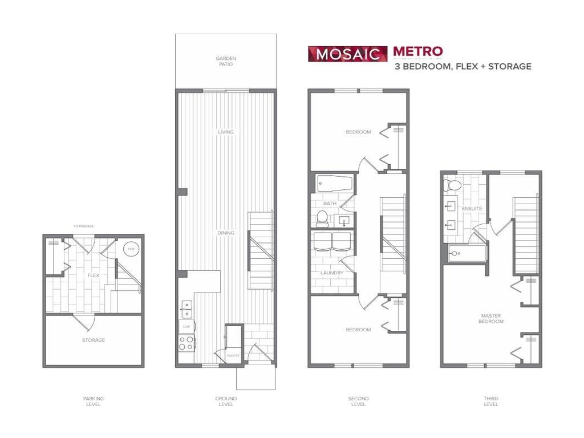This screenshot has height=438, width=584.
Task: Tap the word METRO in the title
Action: pyautogui.click(x=417, y=52)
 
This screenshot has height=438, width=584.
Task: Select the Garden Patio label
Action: pyautogui.click(x=226, y=61)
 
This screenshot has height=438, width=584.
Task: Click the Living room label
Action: pyautogui.click(x=226, y=132)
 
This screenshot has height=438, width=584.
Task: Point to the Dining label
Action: pyautogui.click(x=226, y=233)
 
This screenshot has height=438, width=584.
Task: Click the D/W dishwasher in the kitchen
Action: pyautogui.click(x=186, y=327)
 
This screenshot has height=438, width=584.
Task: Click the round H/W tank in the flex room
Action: pyautogui.click(x=131, y=249)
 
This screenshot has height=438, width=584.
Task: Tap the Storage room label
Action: pyautogui.click(x=94, y=340)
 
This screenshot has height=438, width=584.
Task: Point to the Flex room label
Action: pyautogui.click(x=94, y=275)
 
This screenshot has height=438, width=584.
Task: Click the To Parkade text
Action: pyautogui.click(x=83, y=226)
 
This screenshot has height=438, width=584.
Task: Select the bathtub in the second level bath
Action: pyautogui.click(x=334, y=184)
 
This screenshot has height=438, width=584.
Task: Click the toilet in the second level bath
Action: pyautogui.click(x=322, y=217)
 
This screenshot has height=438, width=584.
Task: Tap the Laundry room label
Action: pyautogui.click(x=332, y=273)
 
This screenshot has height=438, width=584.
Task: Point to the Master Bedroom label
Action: pyautogui.click(x=492, y=318)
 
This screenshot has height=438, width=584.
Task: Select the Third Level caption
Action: pyautogui.click(x=490, y=401)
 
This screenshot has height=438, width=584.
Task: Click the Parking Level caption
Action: pyautogui.click(x=94, y=401)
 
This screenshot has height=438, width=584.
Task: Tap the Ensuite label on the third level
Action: pyautogui.click(x=472, y=209)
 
